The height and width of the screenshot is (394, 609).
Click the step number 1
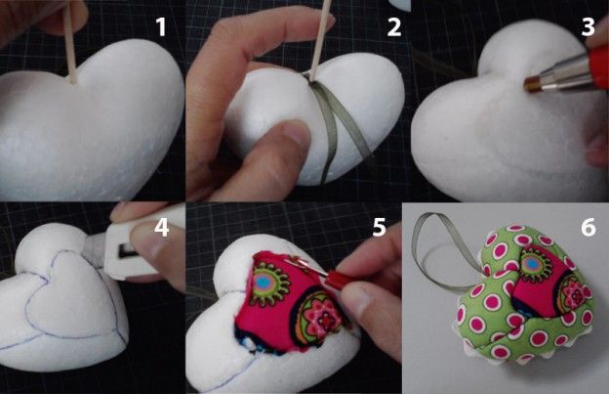[x=161, y=27]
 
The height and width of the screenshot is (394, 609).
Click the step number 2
[x=394, y=27]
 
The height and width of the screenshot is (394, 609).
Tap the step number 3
[x=589, y=26]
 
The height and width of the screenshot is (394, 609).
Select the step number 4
[x=162, y=228]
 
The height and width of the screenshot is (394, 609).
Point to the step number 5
[x=379, y=227]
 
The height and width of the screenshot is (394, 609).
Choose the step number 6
[x=589, y=227]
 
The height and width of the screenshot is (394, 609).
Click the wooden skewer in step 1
[x=70, y=43]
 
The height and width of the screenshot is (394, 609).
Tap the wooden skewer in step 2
[x=321, y=37]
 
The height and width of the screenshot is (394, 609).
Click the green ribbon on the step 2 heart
[x=332, y=124]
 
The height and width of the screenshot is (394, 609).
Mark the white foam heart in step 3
[x=505, y=116]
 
